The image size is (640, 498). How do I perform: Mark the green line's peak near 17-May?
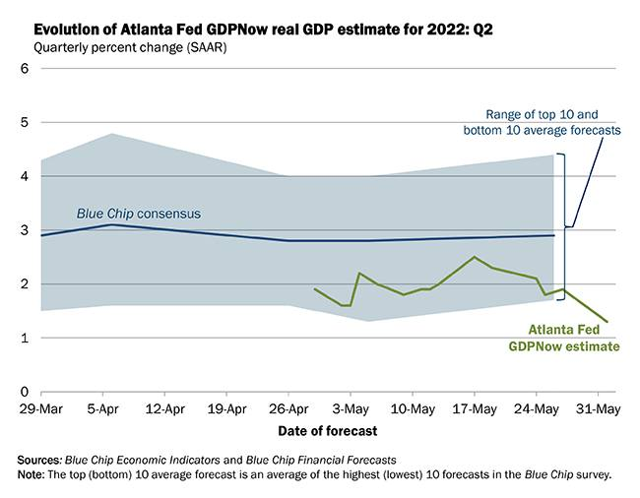(475, 257)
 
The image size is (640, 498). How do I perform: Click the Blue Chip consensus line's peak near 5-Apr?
(111, 224)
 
